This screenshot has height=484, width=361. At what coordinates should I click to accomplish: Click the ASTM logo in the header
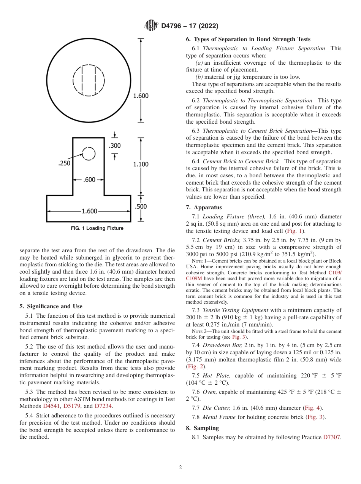[152, 25]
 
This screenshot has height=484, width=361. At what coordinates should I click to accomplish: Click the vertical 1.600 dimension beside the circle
[141, 96]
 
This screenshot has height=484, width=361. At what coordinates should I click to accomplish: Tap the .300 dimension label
[115, 146]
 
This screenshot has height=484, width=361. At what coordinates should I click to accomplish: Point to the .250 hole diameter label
[64, 163]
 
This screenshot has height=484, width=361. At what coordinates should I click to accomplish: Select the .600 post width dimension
[89, 180]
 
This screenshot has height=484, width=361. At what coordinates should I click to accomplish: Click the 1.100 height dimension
[141, 164]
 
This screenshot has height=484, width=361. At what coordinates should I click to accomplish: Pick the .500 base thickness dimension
[141, 207]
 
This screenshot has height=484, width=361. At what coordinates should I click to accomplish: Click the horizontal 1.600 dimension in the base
[89, 211]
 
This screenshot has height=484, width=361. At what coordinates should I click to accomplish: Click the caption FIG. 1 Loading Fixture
[97, 228]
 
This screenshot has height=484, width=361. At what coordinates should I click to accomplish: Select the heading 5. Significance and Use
[51, 306]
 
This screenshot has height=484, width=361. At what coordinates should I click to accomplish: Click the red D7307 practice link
[331, 438]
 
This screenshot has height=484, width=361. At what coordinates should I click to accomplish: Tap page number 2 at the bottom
[180, 468]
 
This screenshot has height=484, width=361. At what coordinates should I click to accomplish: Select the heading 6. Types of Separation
[248, 39]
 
